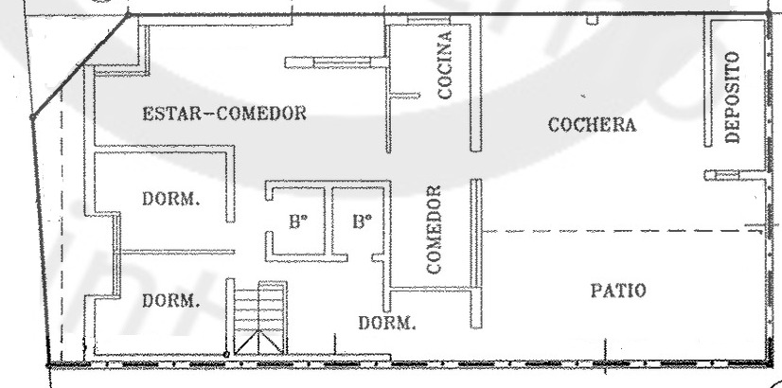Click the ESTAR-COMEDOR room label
[224, 114]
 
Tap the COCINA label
[444, 64]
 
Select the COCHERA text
[592, 125]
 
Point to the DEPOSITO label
[732, 97]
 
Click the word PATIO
[618, 291]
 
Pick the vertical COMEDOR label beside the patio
[434, 229]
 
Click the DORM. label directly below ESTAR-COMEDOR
[171, 199]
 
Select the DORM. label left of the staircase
[171, 301]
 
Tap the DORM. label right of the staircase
[387, 323]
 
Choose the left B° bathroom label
[296, 221]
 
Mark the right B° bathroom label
[362, 220]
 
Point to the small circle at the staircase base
[226, 355]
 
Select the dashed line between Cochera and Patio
[623, 232]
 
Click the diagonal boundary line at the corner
[80, 65]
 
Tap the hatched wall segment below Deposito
[721, 175]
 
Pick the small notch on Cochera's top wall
[592, 20]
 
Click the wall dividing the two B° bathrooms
[329, 220]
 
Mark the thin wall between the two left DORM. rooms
[178, 252]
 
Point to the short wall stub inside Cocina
[404, 95]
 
